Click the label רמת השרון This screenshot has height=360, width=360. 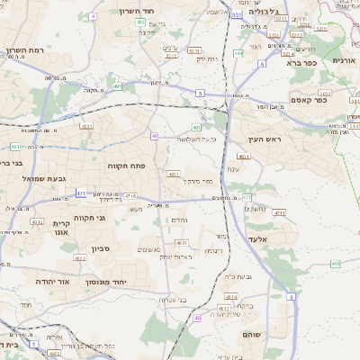(x=25, y=50)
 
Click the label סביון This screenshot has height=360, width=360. (x=100, y=249)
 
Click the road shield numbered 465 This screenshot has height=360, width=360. (x=335, y=264)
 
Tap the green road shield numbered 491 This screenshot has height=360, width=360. (x=117, y=87)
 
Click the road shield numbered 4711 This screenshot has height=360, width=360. (x=279, y=213)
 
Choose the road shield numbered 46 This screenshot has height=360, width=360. (x=197, y=318)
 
